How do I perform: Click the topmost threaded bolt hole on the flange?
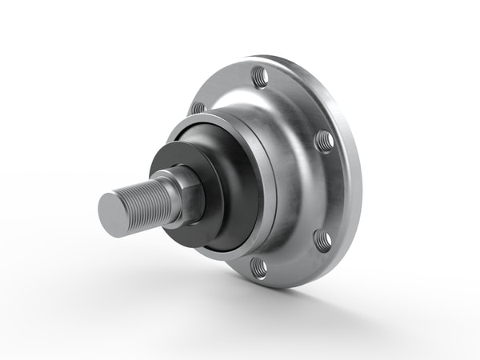click(258, 77)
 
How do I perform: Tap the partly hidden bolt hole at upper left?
click(198, 106)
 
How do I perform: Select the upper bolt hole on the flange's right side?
click(324, 141)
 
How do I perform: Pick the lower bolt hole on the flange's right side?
click(322, 238)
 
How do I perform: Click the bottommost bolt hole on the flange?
click(258, 266)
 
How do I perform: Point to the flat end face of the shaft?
click(112, 214)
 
